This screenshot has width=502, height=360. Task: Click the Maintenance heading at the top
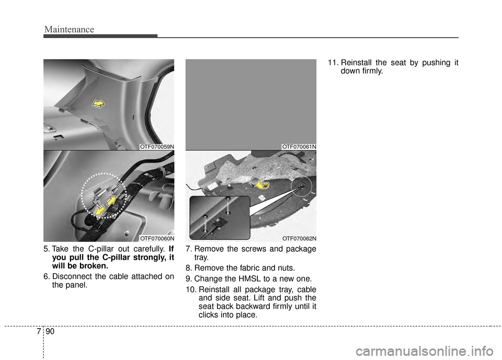(69, 29)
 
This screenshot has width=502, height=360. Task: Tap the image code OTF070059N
(156, 147)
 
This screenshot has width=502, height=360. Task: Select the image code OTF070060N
(156, 238)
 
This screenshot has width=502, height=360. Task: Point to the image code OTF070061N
(299, 147)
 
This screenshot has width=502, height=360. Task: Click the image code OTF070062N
(299, 238)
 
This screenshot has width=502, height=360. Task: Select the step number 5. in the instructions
(47, 249)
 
